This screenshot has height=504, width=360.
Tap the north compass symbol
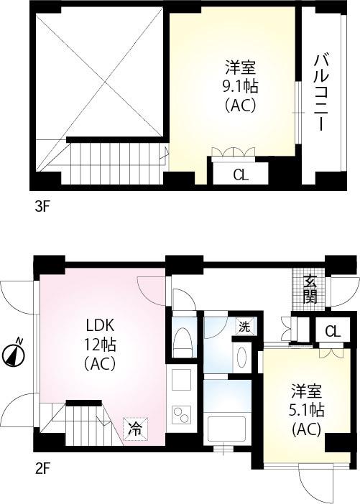(15, 353)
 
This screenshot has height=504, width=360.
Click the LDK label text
(100, 324)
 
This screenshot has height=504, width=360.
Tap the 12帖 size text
(100, 344)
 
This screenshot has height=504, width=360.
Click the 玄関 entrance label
(310, 289)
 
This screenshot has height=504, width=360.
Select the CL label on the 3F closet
(241, 174)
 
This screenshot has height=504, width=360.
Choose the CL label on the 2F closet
(331, 331)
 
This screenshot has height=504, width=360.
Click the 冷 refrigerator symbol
(134, 429)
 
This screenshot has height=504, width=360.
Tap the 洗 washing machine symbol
(245, 326)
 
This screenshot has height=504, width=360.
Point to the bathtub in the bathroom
(226, 429)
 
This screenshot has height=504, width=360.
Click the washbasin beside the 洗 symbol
(241, 357)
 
